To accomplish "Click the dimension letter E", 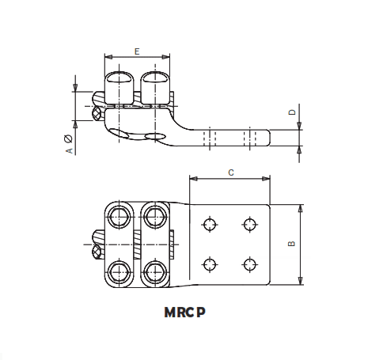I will tap(138, 51).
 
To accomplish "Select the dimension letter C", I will tap(230, 171).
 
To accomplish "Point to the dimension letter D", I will tap(291, 113).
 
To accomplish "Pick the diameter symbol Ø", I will tap(69, 138).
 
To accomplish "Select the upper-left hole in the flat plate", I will tap(209, 224).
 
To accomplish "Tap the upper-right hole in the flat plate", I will tap(250, 224).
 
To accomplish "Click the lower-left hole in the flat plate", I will tap(209, 264).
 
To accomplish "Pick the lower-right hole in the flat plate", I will tap(250, 264).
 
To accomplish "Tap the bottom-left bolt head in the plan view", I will tap(120, 271).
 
